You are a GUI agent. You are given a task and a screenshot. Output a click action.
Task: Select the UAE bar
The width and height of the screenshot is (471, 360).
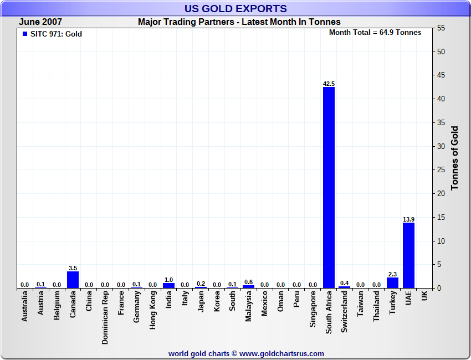[x=408, y=255]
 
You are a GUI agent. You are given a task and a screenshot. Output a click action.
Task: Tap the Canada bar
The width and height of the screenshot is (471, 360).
[x=73, y=280]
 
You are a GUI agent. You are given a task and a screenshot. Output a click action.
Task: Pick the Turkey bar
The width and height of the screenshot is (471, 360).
[x=392, y=282]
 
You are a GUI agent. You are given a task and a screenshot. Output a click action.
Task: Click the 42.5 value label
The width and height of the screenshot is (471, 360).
[x=329, y=84]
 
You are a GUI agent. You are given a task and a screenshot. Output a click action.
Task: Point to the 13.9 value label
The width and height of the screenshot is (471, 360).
[x=408, y=219]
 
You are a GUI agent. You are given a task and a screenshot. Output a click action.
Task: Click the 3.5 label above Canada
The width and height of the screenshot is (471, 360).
[x=73, y=268]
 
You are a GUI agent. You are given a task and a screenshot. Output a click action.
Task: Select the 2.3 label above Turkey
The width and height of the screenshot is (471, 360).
[x=392, y=274]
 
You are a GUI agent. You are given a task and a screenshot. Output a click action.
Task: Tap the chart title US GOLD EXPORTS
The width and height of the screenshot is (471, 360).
[x=235, y=8]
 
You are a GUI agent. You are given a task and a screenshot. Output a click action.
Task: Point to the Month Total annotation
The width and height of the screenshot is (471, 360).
[x=375, y=33]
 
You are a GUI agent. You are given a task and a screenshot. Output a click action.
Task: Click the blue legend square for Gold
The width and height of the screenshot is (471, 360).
[x=24, y=34]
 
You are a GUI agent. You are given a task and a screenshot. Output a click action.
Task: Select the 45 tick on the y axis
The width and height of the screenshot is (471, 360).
[x=441, y=75]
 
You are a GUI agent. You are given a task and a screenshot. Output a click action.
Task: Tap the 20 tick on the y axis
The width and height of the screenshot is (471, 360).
[x=441, y=194]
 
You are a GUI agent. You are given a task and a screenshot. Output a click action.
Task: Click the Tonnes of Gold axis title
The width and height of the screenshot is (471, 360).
[x=454, y=158]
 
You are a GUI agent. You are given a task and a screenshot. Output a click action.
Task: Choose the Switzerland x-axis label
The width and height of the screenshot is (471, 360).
[x=345, y=312]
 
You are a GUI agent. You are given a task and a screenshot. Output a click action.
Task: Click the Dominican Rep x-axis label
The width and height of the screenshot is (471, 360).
[x=105, y=318]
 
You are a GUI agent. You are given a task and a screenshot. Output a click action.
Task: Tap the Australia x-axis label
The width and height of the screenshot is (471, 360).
[x=25, y=310]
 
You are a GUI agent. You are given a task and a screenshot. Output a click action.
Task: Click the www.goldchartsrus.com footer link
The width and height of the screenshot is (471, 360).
[x=281, y=353]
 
